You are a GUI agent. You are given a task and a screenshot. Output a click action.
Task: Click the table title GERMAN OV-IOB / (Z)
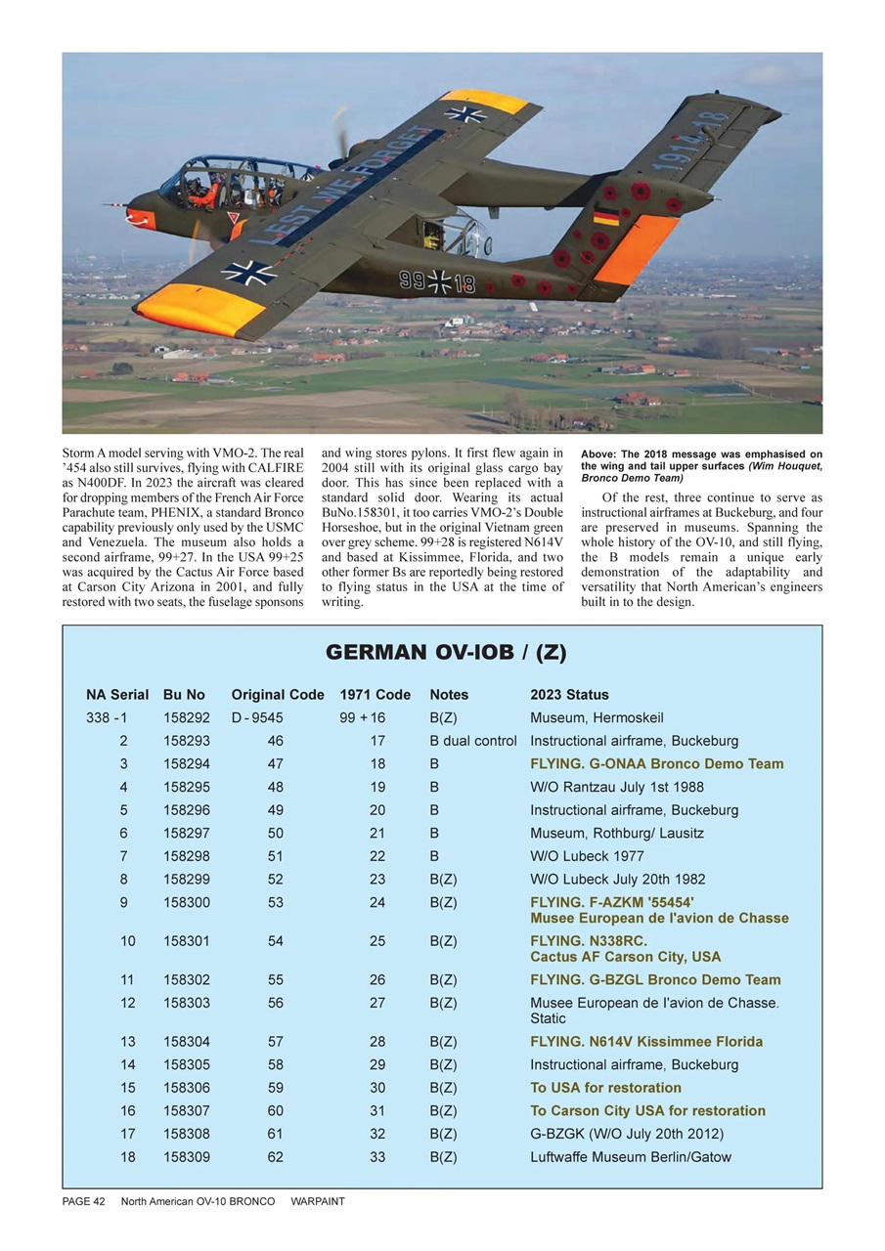click(446, 653)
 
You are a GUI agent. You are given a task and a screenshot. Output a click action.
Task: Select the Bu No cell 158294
click(185, 764)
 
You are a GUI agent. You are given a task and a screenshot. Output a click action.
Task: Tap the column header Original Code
click(278, 695)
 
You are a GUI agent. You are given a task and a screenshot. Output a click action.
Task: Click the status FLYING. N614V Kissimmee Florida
click(646, 1042)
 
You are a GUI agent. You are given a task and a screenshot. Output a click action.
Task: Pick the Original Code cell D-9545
click(257, 718)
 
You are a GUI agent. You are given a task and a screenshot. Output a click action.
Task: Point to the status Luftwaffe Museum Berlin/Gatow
click(631, 1157)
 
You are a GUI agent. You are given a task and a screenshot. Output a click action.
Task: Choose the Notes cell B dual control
click(473, 741)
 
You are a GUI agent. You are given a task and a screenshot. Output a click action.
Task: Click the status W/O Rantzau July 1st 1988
click(617, 787)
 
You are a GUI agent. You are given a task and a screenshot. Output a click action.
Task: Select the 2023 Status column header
click(569, 695)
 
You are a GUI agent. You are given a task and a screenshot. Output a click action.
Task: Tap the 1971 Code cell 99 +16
click(363, 718)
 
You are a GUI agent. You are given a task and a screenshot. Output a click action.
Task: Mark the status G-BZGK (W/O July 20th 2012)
click(627, 1134)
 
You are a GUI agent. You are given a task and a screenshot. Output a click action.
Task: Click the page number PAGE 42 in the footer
click(77, 1202)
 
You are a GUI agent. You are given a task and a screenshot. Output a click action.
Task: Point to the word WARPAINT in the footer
click(318, 1202)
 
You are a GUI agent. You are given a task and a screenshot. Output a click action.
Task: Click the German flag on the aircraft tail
click(606, 216)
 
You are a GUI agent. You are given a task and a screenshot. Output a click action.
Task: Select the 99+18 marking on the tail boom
click(437, 281)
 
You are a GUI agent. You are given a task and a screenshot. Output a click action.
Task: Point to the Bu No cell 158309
click(185, 1157)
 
